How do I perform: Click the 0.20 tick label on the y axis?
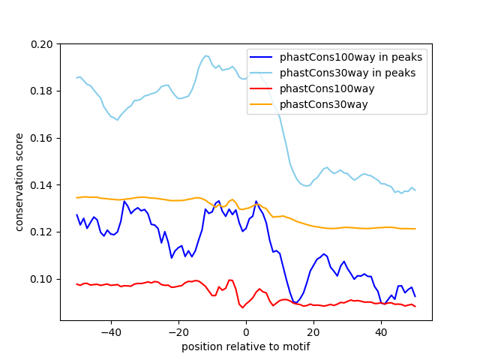pyautogui.click(x=43, y=44)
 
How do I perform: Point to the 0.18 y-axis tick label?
pyautogui.click(x=43, y=91)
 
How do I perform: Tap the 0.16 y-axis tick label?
pyautogui.click(x=43, y=138)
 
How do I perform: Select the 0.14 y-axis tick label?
pyautogui.click(x=43, y=184)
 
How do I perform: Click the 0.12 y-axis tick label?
pyautogui.click(x=43, y=232)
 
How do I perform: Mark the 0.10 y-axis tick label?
pyautogui.click(x=43, y=278)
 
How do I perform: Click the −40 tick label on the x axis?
pyautogui.click(x=110, y=331)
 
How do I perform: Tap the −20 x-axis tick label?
pyautogui.click(x=178, y=331)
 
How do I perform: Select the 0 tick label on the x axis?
pyautogui.click(x=246, y=331)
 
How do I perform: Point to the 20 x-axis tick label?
pyautogui.click(x=313, y=331)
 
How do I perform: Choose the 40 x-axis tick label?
pyautogui.click(x=381, y=331)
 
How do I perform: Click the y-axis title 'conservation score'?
pyautogui.click(x=20, y=182)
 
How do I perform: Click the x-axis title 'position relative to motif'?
pyautogui.click(x=245, y=346)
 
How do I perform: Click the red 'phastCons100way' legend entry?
pyautogui.click(x=327, y=88)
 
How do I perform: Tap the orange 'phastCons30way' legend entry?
pyautogui.click(x=324, y=104)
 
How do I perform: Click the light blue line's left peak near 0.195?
pyautogui.click(x=205, y=55)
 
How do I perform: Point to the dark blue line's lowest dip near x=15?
pyautogui.click(x=295, y=302)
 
